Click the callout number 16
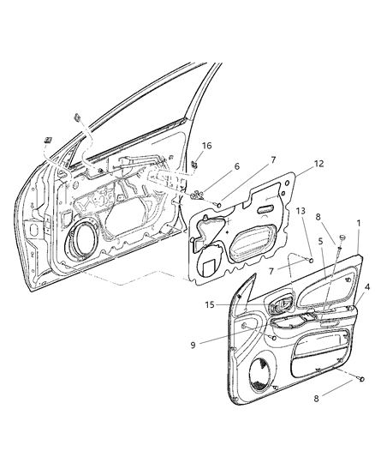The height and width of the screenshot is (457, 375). [205, 146]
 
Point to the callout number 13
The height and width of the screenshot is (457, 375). [301, 235]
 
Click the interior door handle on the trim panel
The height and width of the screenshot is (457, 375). [282, 306]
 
